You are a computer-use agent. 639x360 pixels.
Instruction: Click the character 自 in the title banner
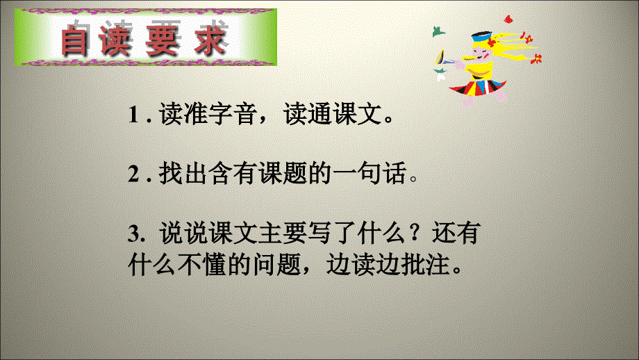click(x=77, y=40)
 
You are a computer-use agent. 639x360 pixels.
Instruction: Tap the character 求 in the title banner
click(x=210, y=40)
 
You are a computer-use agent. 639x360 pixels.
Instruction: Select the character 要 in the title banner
click(x=166, y=40)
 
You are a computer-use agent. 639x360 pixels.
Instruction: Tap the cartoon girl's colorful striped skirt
click(x=483, y=85)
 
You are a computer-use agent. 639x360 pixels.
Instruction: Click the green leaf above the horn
click(x=438, y=31)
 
